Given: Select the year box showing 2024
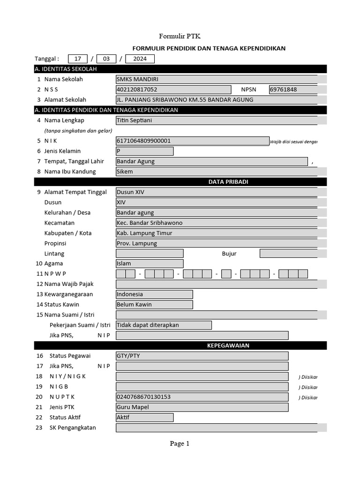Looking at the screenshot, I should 140,59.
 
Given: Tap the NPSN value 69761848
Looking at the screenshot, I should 293,90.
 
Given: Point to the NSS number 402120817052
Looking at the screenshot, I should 173,90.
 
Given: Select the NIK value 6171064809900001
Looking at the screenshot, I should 192,141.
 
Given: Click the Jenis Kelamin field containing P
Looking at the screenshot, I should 144,151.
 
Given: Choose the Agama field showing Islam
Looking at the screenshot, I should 149,263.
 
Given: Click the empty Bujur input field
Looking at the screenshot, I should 288,254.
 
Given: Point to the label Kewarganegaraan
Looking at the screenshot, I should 68,294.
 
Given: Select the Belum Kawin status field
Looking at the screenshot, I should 154,305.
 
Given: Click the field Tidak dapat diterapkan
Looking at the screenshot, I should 164,325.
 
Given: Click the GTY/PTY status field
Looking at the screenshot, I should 202,356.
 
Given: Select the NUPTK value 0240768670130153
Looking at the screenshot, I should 202,397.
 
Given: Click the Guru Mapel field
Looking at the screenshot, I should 202,407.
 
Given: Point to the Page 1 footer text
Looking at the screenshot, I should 180,443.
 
